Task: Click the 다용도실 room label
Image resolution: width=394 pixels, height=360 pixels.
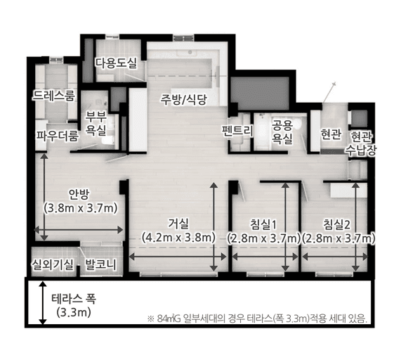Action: (116, 63)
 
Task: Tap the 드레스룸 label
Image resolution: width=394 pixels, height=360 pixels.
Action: (53, 96)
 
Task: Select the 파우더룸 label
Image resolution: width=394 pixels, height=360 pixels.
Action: (58, 136)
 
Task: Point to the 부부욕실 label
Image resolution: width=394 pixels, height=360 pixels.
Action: (96, 123)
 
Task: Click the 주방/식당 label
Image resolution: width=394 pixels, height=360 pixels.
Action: (184, 100)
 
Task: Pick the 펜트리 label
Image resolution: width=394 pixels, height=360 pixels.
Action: (237, 130)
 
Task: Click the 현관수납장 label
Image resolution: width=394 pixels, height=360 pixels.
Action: (361, 143)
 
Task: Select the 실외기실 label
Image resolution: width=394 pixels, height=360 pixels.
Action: (53, 264)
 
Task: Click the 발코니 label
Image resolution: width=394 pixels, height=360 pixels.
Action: (100, 264)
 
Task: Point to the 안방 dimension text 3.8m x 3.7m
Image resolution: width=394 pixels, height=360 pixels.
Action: (80, 209)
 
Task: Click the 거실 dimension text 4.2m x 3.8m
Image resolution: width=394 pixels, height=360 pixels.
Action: (178, 238)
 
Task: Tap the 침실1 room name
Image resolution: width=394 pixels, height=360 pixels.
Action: (263, 224)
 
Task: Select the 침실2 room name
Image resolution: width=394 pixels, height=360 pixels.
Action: (336, 224)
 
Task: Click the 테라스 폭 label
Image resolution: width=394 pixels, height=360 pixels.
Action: (74, 299)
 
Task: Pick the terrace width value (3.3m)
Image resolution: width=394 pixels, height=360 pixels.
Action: (74, 313)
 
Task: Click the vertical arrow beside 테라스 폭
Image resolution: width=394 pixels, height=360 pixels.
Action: (43, 302)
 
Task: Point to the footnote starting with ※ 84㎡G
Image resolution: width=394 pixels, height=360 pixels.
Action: (257, 319)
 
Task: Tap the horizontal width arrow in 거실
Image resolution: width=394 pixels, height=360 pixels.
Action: (178, 257)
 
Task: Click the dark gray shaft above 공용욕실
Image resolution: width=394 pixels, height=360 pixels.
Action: (260, 92)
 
